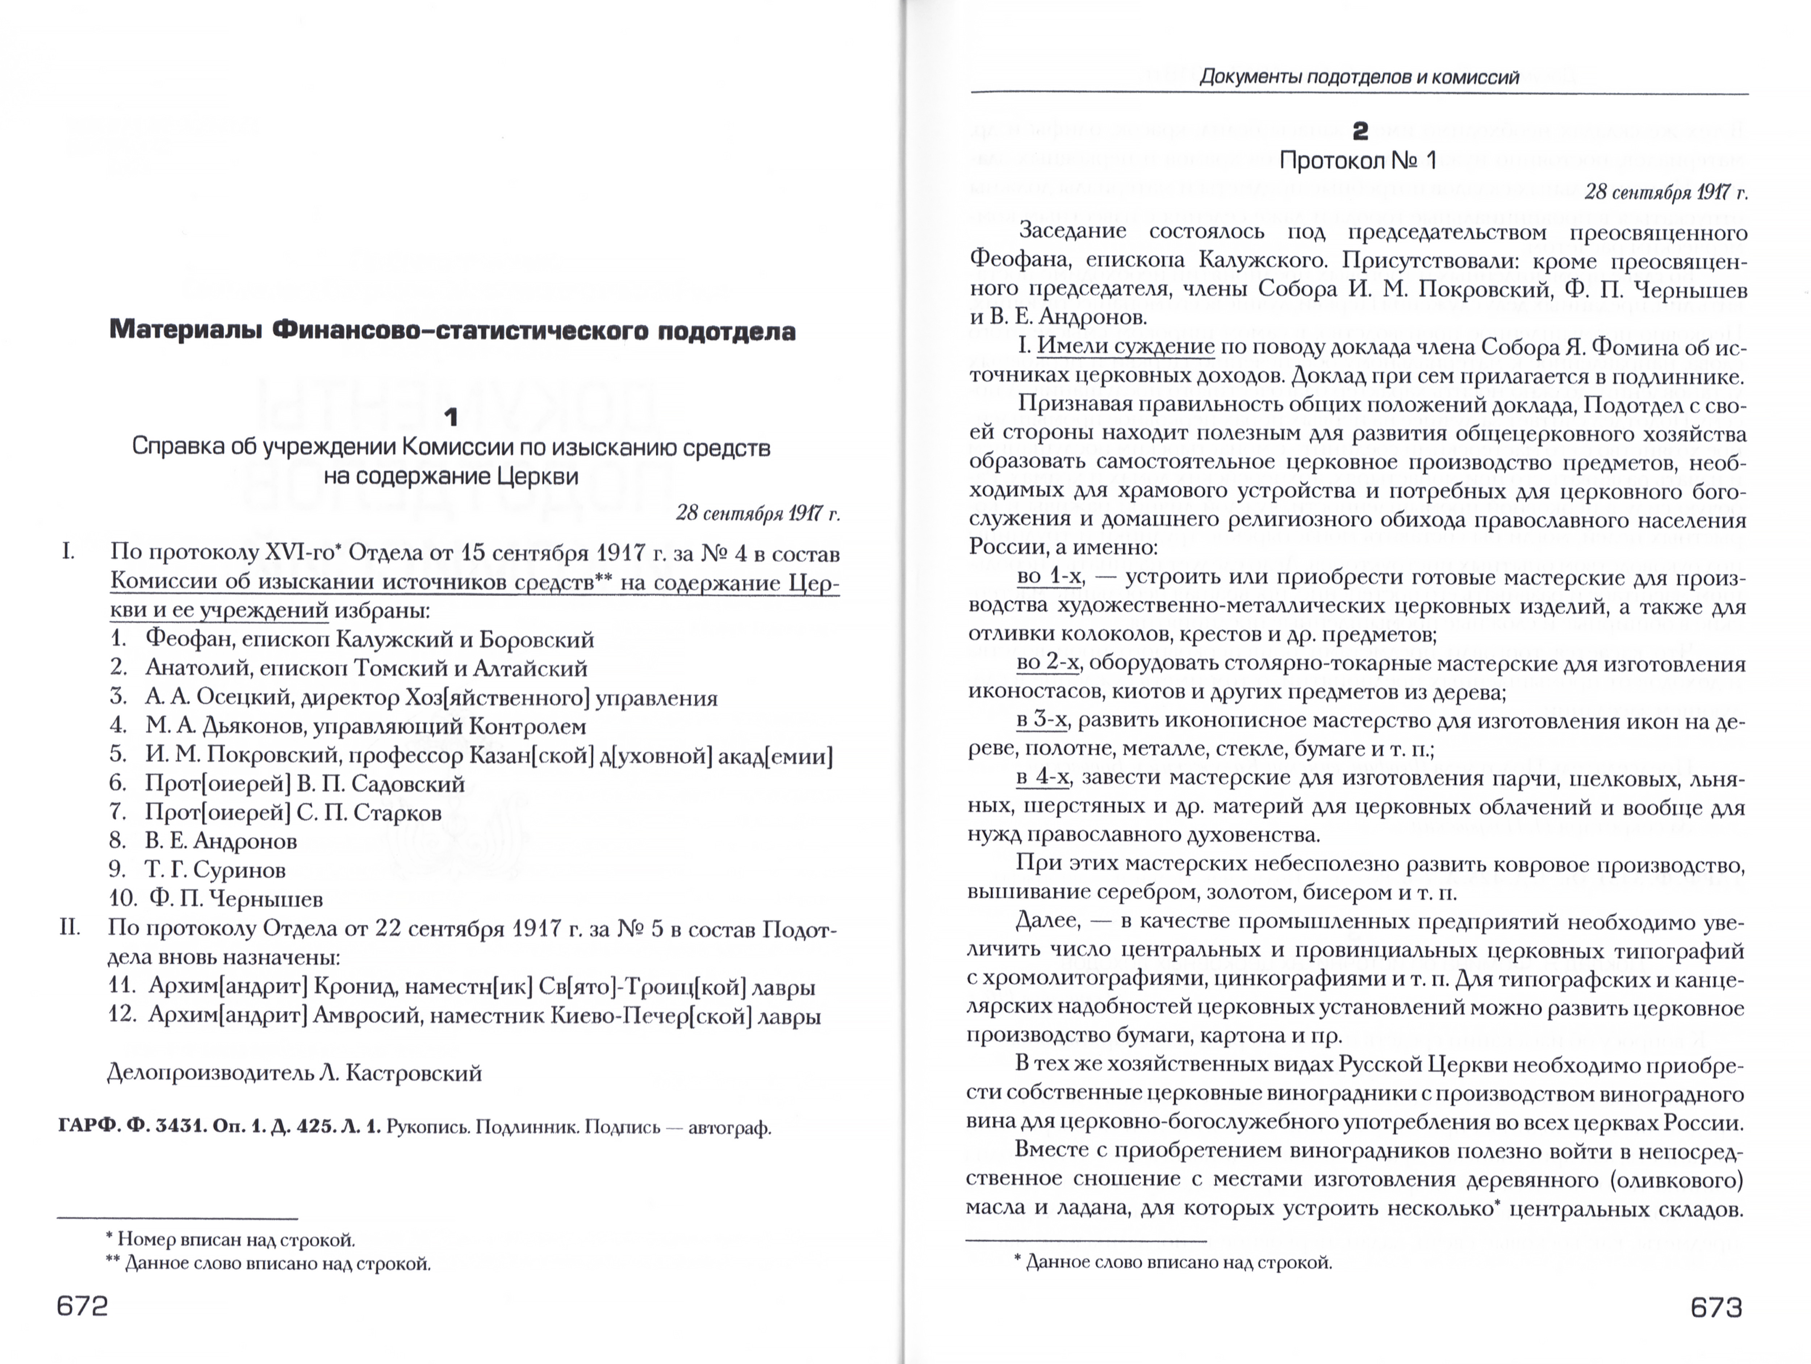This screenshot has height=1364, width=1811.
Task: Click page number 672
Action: pos(82,1306)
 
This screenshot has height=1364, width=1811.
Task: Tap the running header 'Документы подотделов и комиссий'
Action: pos(1359,78)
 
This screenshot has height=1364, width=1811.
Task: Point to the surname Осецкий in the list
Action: pos(239,698)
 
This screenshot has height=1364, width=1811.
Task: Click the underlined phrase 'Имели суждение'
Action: pos(1126,347)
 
